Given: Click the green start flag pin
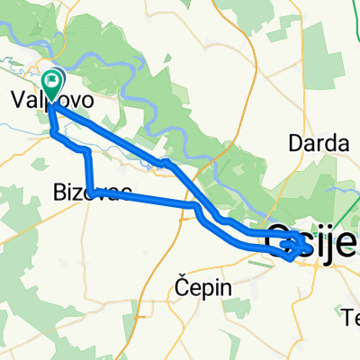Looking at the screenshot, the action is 53,85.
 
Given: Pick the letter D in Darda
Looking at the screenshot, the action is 292,141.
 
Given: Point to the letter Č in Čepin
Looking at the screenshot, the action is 180,288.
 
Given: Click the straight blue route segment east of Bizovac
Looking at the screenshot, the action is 144,201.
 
